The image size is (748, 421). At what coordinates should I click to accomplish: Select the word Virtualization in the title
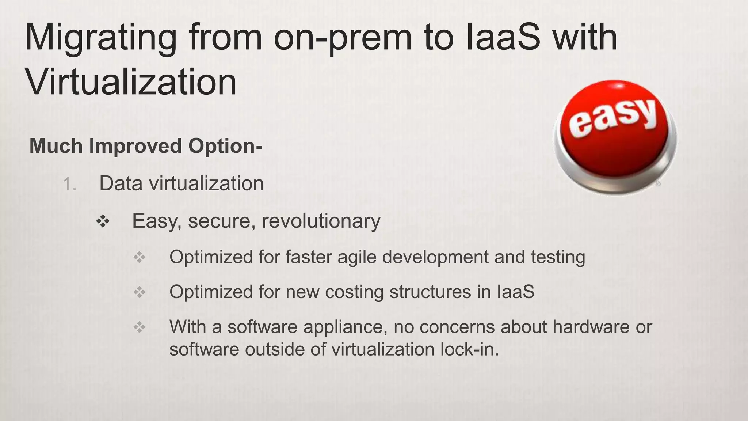pos(131,83)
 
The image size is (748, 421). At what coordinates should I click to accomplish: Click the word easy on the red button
pos(613,117)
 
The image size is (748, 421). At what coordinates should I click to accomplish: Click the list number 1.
pos(69,184)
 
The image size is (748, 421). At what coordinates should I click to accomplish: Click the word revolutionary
pos(321,221)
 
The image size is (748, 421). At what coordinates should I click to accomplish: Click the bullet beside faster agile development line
pos(140,258)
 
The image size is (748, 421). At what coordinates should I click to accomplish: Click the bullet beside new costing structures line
pos(140,292)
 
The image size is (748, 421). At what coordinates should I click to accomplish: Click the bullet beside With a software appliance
pos(140,327)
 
